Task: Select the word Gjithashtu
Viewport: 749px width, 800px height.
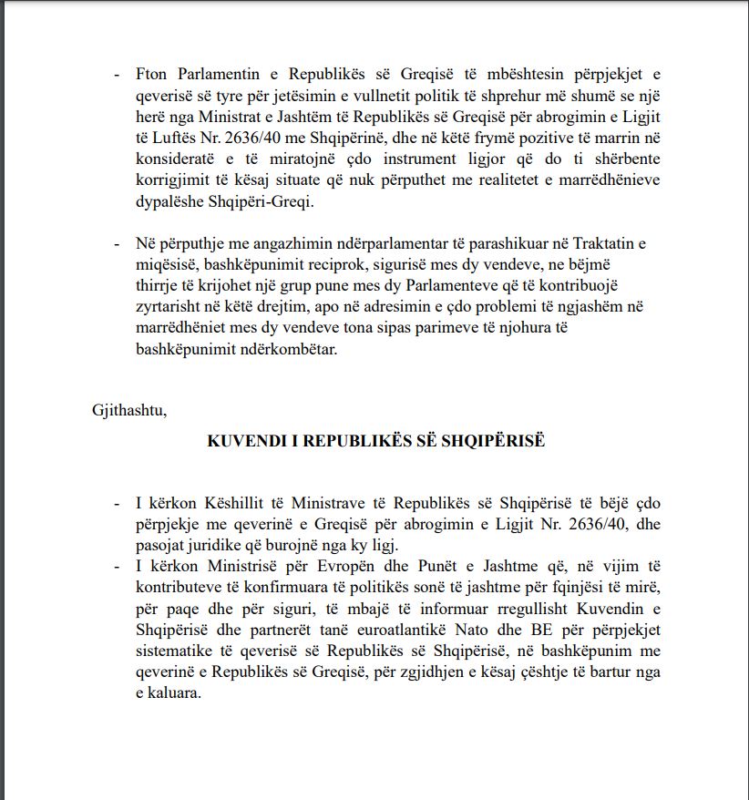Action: pyautogui.click(x=129, y=409)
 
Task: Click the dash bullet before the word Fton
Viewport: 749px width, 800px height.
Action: pyautogui.click(x=116, y=75)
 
